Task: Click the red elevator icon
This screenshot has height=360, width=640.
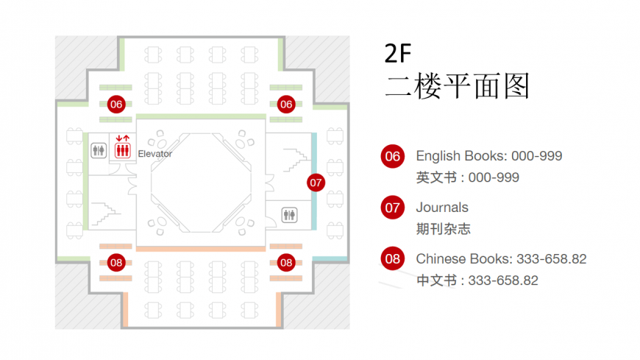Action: [122, 147]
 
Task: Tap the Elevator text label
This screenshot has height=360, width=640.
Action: [154, 154]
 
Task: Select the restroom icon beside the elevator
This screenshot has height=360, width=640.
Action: [99, 150]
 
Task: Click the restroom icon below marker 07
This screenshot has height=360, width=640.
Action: [289, 215]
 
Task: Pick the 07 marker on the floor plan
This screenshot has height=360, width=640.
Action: [316, 183]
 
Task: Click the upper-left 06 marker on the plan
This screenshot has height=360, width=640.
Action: [116, 105]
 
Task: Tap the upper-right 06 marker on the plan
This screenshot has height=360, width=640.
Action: [286, 105]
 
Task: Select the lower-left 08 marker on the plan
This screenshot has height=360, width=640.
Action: [116, 263]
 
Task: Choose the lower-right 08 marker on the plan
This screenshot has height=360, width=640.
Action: [286, 263]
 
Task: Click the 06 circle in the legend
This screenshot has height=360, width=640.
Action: [393, 157]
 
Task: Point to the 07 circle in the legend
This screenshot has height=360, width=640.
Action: [393, 208]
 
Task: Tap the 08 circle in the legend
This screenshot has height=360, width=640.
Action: [393, 258]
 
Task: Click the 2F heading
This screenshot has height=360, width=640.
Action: [398, 53]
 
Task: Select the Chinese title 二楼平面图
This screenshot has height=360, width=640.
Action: [457, 86]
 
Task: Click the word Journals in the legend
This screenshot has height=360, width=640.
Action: [442, 208]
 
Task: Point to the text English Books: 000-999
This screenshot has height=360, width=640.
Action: [489, 156]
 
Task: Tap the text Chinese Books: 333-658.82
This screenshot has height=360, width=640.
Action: [501, 259]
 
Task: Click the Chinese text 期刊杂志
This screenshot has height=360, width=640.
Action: [444, 229]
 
